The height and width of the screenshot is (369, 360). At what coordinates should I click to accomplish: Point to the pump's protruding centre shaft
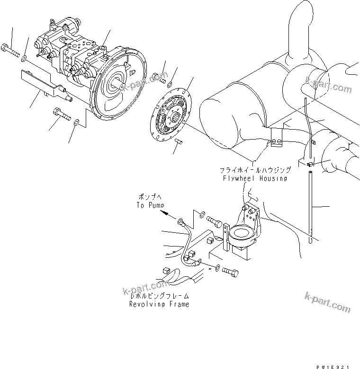coord(118,87)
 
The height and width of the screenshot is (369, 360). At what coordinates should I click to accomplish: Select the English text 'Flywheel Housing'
coord(255,178)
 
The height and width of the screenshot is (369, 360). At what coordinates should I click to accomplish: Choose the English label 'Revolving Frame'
coord(159,304)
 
